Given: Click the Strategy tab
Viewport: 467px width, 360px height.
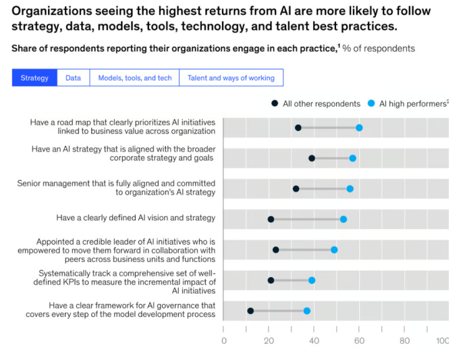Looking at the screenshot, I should click(x=34, y=78).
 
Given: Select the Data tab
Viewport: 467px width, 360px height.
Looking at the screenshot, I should click(x=73, y=78).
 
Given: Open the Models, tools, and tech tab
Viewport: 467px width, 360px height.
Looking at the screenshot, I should click(x=135, y=78).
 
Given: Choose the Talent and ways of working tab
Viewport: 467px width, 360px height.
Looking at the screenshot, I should click(x=231, y=78).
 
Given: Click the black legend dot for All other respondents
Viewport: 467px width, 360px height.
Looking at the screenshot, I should click(x=275, y=103).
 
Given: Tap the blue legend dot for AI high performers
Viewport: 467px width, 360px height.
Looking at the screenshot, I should click(x=370, y=103).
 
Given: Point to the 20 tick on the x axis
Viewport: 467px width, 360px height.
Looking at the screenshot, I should click(x=269, y=341).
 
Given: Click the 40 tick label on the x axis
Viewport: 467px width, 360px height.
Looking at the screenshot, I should click(x=314, y=341).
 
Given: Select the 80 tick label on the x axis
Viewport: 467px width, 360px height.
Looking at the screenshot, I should click(x=404, y=341).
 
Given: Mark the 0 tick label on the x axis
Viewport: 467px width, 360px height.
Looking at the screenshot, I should click(x=224, y=341).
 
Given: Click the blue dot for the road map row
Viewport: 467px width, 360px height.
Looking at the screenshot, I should click(x=359, y=128).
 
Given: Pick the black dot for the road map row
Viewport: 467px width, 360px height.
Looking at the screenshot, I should click(x=298, y=128).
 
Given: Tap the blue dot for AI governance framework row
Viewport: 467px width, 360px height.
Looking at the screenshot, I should click(x=307, y=311).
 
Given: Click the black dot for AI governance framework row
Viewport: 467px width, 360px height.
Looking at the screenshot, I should click(x=250, y=311).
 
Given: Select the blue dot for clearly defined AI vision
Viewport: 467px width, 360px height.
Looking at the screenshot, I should click(x=344, y=219).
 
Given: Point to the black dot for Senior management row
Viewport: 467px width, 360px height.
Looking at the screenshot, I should click(x=296, y=188).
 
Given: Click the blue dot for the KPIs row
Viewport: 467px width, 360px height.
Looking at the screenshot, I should click(x=312, y=280).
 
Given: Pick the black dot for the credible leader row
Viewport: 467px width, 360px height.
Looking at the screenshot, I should click(x=275, y=250).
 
